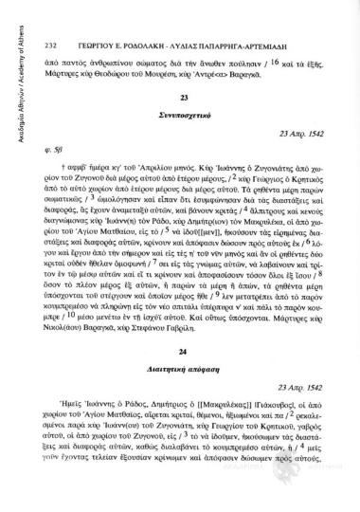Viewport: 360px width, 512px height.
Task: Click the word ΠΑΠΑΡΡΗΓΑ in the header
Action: tap(217, 17)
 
